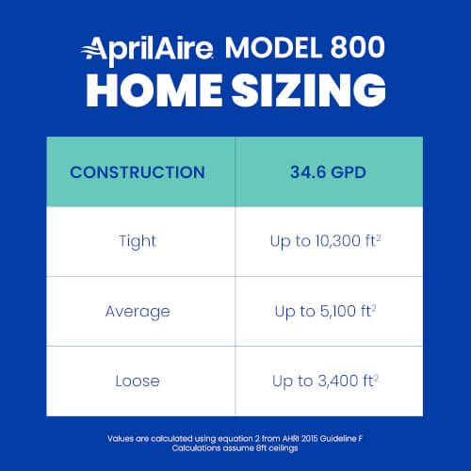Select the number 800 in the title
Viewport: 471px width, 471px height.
[x=359, y=47]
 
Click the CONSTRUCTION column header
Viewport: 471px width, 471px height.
[x=138, y=172]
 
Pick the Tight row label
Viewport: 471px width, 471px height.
[x=138, y=241]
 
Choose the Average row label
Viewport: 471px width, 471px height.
[x=138, y=311]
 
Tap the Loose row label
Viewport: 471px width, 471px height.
[x=138, y=382]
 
